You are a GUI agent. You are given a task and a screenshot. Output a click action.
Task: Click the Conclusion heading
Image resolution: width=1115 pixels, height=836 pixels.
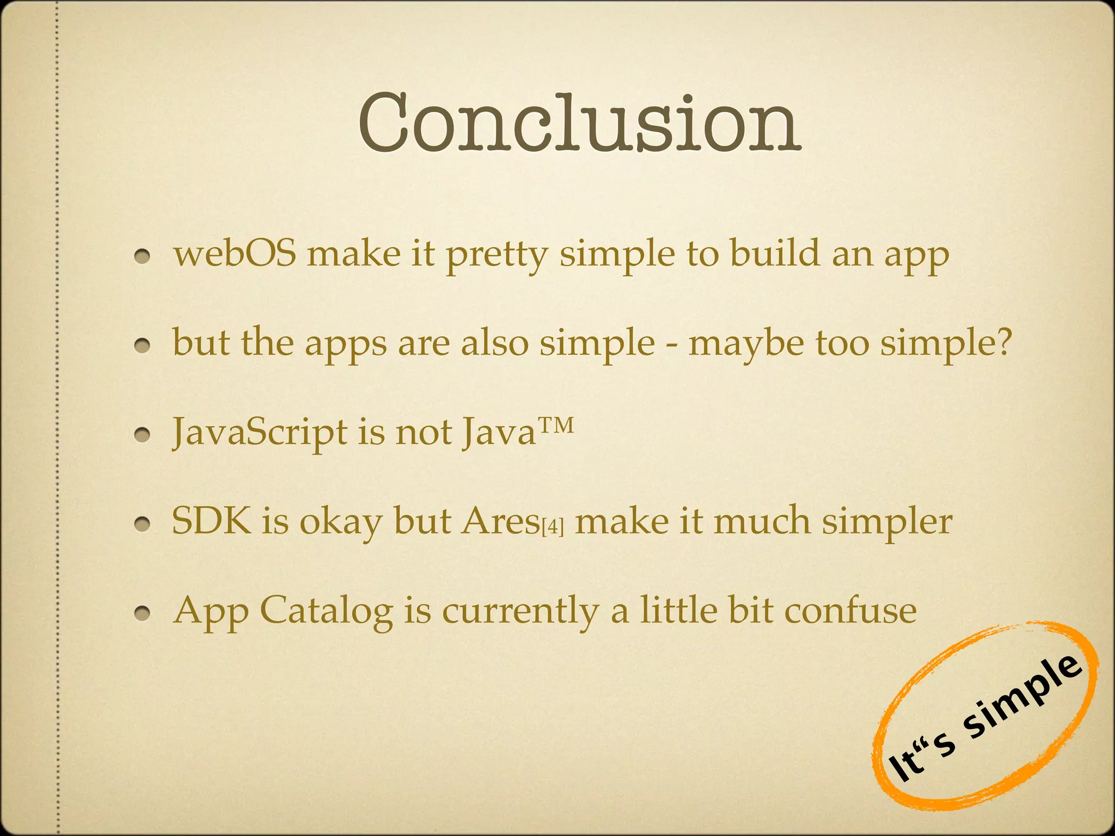click(579, 124)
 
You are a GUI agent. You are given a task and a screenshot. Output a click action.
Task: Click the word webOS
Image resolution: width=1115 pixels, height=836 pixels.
click(235, 254)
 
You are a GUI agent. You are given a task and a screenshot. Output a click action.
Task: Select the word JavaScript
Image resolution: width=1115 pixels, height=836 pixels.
click(259, 433)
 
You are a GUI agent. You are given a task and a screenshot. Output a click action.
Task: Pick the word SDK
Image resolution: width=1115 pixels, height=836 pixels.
click(212, 520)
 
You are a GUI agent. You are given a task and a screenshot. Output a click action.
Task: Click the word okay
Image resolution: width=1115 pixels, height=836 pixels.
click(341, 522)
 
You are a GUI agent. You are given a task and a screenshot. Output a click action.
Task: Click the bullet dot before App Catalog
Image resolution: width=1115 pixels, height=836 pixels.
click(143, 613)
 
